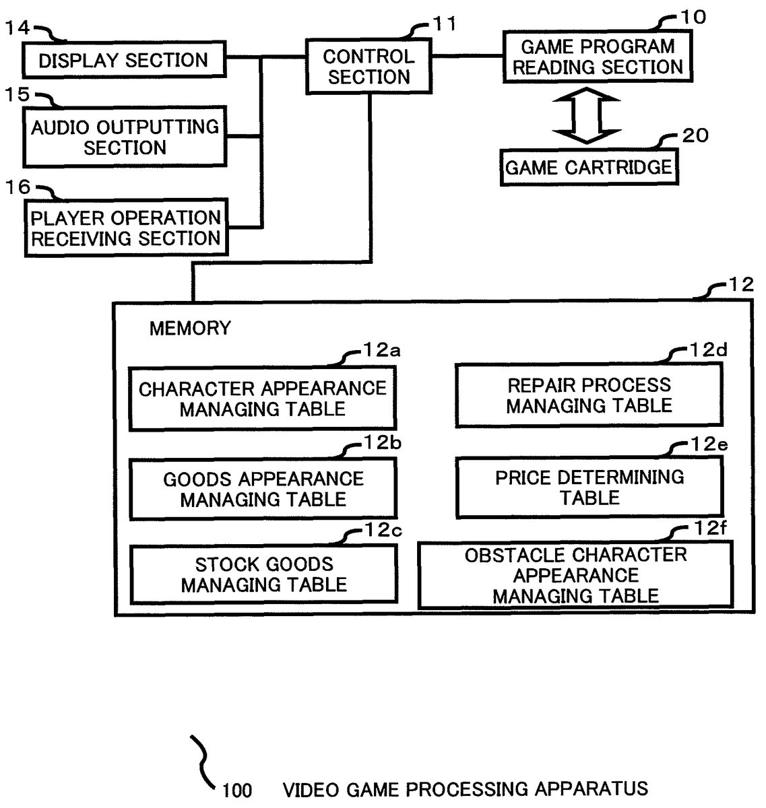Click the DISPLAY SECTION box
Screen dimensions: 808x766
(124, 61)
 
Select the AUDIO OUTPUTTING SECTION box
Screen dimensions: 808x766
(125, 137)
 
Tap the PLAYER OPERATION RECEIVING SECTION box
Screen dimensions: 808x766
(126, 228)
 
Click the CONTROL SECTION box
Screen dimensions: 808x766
(369, 67)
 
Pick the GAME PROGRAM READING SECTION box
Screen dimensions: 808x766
(598, 57)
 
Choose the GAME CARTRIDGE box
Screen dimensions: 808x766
(589, 167)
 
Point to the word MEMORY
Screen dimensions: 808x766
(190, 329)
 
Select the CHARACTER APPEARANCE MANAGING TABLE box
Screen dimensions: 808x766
(262, 399)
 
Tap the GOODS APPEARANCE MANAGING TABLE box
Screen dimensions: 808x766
(263, 489)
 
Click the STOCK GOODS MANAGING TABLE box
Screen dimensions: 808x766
(263, 574)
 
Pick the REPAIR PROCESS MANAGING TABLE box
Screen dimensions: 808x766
(589, 395)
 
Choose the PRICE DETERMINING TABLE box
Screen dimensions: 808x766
(589, 487)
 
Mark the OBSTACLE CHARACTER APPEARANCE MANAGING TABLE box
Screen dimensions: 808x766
(575, 575)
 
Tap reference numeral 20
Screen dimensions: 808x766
(695, 135)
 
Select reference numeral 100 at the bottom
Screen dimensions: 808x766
(237, 790)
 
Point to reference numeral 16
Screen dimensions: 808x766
(18, 187)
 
